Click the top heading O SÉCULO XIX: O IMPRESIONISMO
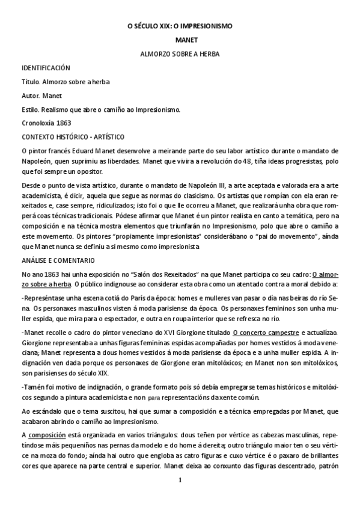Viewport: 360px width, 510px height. point(180,27)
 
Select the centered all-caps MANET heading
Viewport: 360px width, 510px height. point(180,40)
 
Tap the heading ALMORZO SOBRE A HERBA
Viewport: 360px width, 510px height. point(180,54)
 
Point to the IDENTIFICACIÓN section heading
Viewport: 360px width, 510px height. point(46,68)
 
